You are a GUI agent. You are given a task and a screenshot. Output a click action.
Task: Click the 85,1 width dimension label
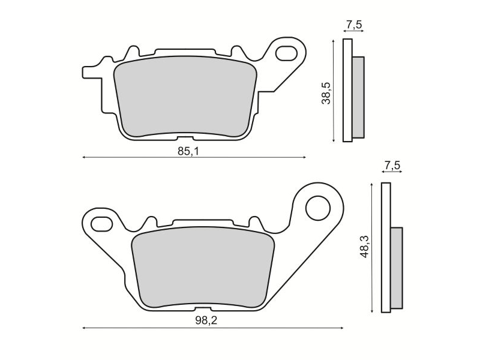click(188, 151)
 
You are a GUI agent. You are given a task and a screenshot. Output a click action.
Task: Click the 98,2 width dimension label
click(206, 320)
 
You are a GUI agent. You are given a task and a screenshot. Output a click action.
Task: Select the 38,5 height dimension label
click(326, 94)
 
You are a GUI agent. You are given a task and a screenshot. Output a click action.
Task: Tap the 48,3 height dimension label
click(365, 247)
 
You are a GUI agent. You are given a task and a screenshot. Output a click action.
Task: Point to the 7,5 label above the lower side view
click(392, 166)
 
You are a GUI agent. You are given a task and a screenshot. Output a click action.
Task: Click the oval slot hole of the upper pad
click(287, 53)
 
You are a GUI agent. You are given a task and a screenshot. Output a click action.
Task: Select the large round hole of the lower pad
click(318, 208)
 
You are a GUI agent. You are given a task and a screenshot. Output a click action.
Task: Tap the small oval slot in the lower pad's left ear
click(102, 223)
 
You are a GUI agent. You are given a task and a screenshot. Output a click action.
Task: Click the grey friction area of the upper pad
click(185, 97)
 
